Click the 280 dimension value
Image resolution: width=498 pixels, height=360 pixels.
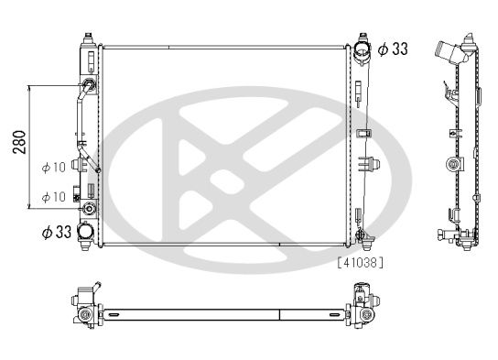[20, 142]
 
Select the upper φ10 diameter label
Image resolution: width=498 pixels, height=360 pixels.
[54, 167]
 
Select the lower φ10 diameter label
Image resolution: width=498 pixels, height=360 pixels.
[54, 197]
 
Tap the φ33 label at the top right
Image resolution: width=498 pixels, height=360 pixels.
[393, 49]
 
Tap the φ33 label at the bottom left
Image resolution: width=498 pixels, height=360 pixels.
[57, 232]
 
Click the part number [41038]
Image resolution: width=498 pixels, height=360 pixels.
[360, 263]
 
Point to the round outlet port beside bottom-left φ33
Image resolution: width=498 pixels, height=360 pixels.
[85, 231]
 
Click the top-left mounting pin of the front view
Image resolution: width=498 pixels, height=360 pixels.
[88, 38]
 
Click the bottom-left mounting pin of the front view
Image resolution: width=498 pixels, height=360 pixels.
[85, 245]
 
